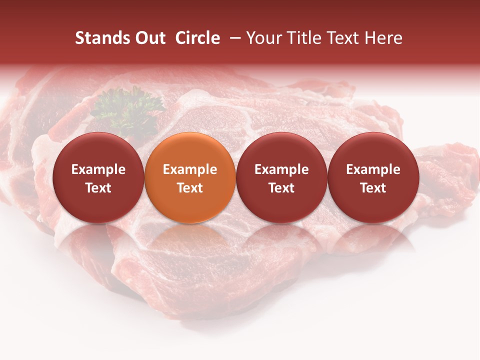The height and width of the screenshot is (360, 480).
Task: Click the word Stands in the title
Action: click(102, 38)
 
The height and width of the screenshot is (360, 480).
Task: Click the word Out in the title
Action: click(150, 38)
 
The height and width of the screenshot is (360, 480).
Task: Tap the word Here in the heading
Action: click(384, 38)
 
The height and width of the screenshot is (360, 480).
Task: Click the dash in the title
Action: click(233, 38)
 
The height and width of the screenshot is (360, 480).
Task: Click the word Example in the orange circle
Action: click(190, 169)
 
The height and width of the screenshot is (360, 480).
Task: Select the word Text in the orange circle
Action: click(190, 188)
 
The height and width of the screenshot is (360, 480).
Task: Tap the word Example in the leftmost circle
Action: click(98, 169)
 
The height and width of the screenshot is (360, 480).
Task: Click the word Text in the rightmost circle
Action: click(373, 188)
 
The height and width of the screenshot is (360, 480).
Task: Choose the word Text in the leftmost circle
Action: click(98, 188)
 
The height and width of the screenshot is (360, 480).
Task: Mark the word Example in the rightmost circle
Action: click(373, 169)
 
